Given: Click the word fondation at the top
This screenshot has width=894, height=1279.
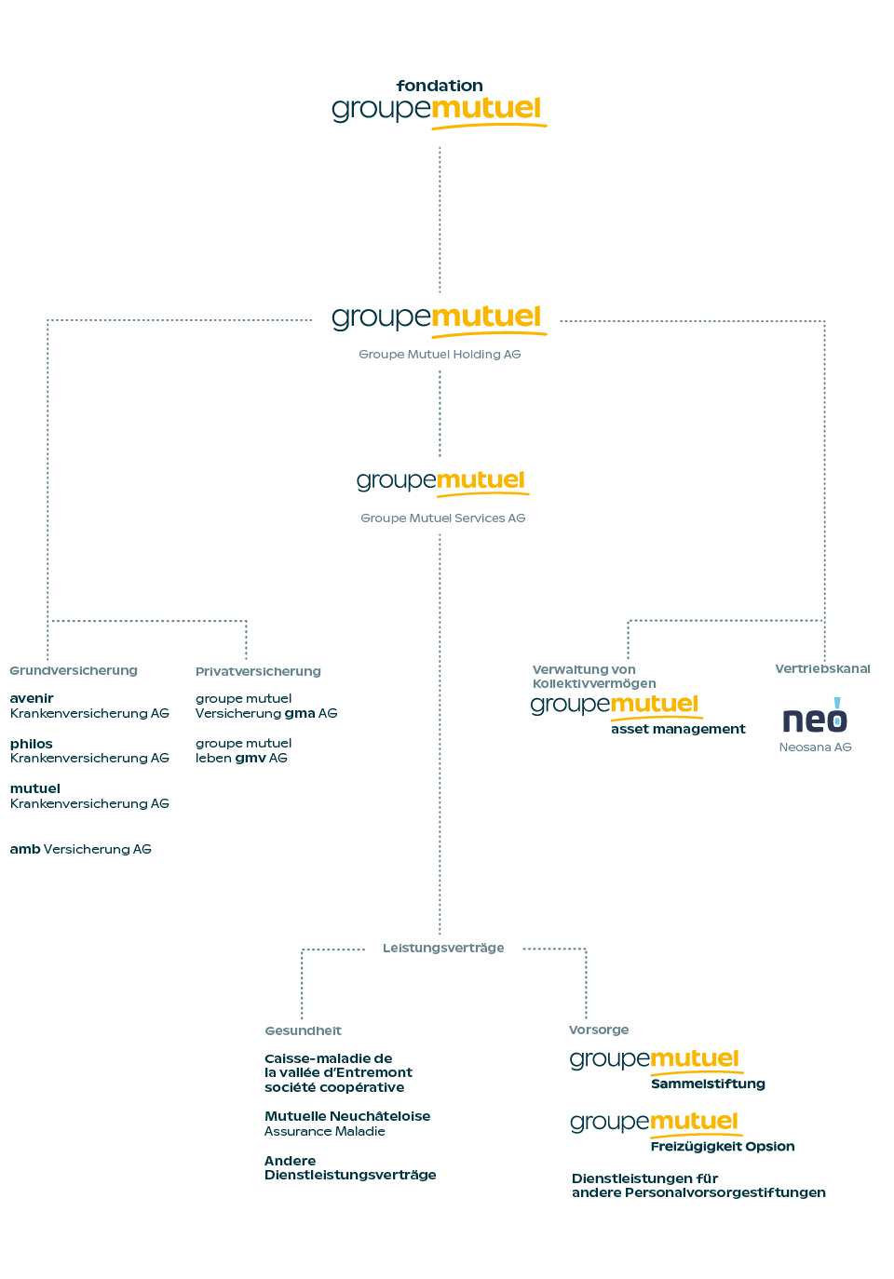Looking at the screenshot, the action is (440, 86).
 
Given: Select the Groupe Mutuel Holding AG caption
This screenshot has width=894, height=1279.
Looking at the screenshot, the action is (440, 354).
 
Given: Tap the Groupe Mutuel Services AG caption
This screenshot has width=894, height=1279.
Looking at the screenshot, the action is (442, 518).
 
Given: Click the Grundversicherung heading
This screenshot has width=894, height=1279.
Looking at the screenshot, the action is (74, 670).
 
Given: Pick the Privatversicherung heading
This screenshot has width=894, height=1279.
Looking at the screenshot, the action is (258, 671).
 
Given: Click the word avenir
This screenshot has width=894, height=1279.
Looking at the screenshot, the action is (32, 698).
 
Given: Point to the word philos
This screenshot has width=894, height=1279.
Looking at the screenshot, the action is (32, 744).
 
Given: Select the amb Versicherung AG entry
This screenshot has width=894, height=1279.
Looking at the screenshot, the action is (80, 849).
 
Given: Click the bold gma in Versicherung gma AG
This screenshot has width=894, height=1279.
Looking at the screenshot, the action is (300, 714).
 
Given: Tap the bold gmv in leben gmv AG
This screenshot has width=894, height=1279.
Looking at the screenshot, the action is (251, 759).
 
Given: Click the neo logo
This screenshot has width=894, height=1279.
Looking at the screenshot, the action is (815, 716).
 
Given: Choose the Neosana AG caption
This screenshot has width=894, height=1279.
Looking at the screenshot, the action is (815, 747).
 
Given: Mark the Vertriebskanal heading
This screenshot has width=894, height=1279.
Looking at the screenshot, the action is (822, 668).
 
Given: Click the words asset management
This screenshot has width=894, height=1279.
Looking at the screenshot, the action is (678, 729).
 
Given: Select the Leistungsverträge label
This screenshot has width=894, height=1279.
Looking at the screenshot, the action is (443, 948).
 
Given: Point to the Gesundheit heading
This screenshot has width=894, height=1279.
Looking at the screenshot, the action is (303, 1030).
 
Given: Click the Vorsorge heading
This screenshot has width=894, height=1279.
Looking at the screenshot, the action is (599, 1030).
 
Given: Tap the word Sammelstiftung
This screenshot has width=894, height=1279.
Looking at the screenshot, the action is (708, 1084).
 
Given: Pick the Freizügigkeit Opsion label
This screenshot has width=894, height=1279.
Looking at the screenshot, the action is (723, 1147).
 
